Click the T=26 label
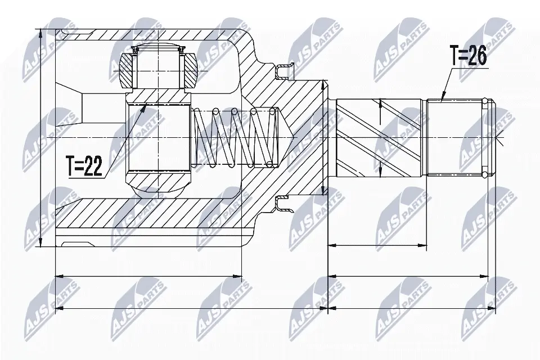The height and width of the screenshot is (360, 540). tap(468, 57)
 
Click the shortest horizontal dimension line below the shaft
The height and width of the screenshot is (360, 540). tap(377, 245)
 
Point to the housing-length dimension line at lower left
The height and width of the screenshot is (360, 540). tap(149, 276)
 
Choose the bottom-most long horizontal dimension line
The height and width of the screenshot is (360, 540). tap(191, 308)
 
